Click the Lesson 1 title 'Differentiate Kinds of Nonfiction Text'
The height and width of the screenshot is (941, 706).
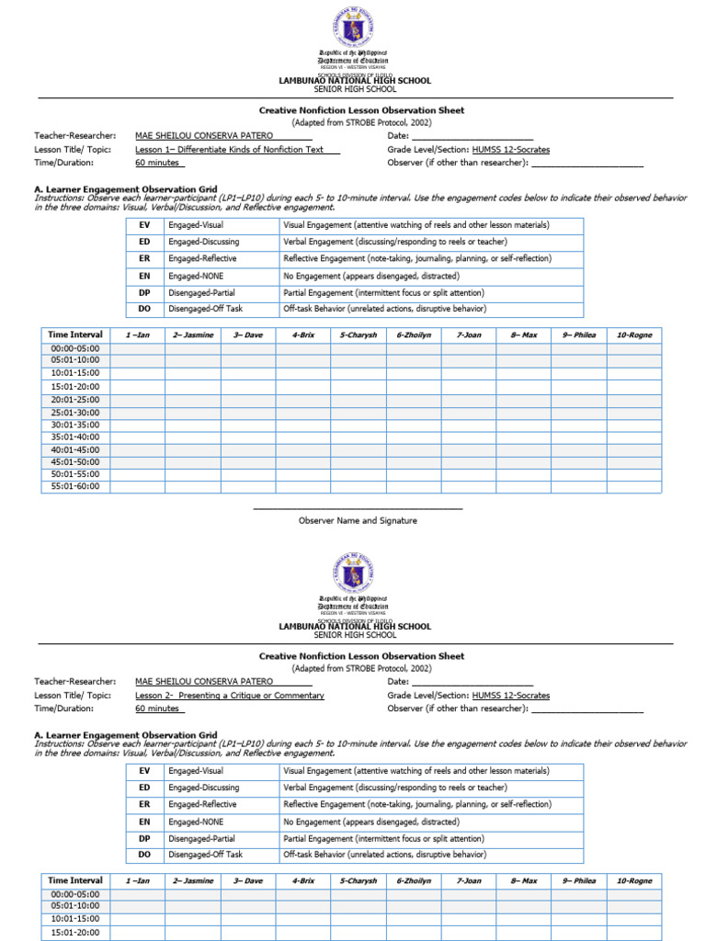pyautogui.click(x=237, y=150)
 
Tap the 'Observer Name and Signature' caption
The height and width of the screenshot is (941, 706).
pyautogui.click(x=358, y=520)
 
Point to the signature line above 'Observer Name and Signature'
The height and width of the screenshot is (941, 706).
pyautogui.click(x=358, y=508)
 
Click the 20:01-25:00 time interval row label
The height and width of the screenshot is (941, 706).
pyautogui.click(x=75, y=400)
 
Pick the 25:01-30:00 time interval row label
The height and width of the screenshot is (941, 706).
pyautogui.click(x=75, y=413)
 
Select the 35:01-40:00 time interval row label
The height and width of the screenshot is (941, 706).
pyautogui.click(x=75, y=437)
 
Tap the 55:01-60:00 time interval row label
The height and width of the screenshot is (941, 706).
pyautogui.click(x=75, y=487)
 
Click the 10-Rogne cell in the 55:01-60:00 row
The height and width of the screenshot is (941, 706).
pyautogui.click(x=633, y=487)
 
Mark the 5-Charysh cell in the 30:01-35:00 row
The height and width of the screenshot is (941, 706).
pyautogui.click(x=359, y=425)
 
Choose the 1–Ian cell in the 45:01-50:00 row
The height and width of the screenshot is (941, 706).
pyautogui.click(x=138, y=462)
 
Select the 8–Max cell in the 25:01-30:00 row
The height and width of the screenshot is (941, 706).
pyautogui.click(x=523, y=413)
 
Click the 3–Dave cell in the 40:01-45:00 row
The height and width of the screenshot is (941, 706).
pyautogui.click(x=247, y=449)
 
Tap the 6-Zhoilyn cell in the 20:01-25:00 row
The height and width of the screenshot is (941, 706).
pyautogui.click(x=414, y=400)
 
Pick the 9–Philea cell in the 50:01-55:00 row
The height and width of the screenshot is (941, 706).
pyautogui.click(x=578, y=474)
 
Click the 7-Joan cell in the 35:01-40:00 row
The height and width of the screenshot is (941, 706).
pyautogui.click(x=468, y=437)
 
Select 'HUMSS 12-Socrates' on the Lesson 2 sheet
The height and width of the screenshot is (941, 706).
pyautogui.click(x=511, y=696)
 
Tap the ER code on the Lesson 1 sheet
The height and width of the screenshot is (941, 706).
pyautogui.click(x=144, y=258)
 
